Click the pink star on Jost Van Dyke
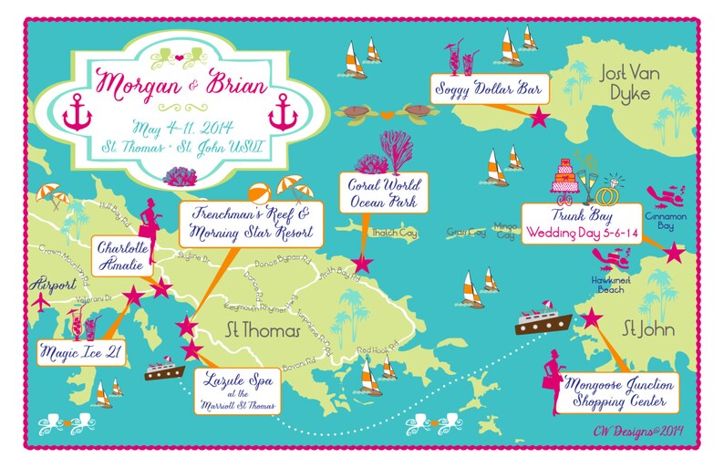point(539,117)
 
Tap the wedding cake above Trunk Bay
point(568,178)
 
